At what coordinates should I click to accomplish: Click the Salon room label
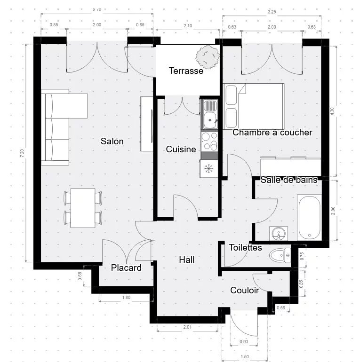[x=112, y=141]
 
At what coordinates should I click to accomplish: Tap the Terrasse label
[x=186, y=71]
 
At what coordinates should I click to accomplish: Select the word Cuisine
[x=181, y=150]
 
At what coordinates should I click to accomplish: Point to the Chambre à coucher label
[x=272, y=133]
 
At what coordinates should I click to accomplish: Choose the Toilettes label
[x=245, y=247]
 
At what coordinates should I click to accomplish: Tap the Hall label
[x=186, y=260]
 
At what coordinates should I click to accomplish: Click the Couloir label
[x=244, y=291]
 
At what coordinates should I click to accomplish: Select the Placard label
[x=126, y=268]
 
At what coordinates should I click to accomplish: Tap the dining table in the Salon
[x=83, y=208]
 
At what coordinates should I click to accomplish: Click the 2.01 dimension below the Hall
[x=187, y=327]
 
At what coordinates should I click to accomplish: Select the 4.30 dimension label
[x=332, y=110]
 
